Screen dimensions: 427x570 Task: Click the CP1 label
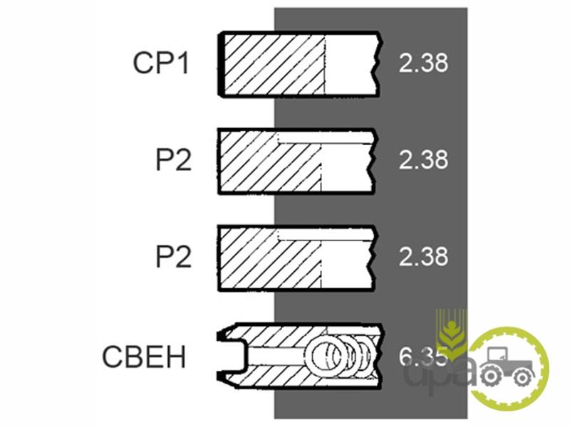click(x=161, y=63)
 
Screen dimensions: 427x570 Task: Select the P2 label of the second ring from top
click(x=174, y=160)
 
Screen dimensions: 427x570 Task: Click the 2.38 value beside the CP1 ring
click(x=423, y=63)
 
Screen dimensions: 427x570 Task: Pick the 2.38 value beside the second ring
click(x=423, y=160)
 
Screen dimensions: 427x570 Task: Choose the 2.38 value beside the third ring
click(x=423, y=256)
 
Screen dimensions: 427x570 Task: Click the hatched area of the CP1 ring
click(x=274, y=63)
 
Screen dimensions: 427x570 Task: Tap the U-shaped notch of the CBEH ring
click(x=234, y=354)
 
